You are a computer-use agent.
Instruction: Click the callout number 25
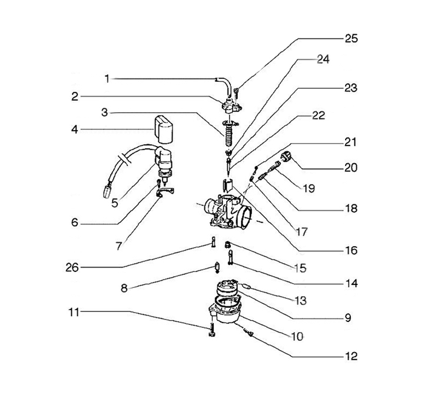[351, 38]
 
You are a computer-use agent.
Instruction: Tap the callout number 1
[107, 78]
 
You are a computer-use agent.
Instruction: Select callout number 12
[351, 356]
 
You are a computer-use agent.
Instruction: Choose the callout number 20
[351, 167]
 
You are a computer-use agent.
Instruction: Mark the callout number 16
[351, 250]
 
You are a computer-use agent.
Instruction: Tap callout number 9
[348, 318]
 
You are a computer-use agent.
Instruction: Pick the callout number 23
[351, 88]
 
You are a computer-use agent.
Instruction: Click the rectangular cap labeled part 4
[163, 129]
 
